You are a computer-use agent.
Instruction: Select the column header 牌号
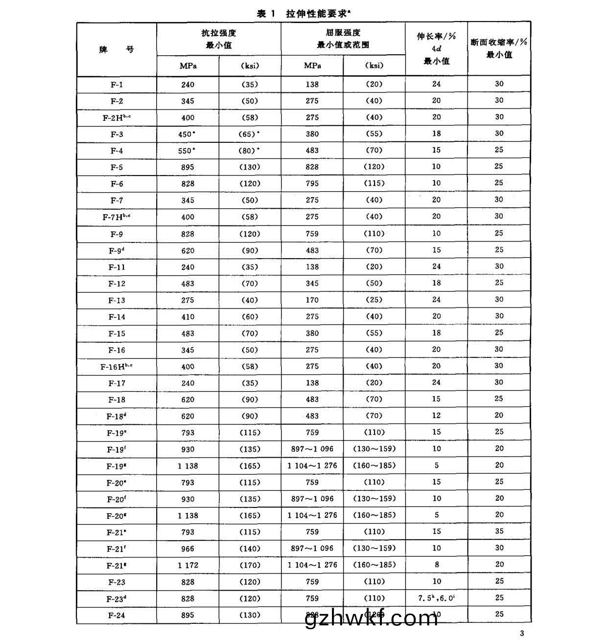117,49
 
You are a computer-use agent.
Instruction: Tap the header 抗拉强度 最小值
219,39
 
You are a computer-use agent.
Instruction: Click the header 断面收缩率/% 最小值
499,48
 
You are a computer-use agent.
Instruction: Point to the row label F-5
117,167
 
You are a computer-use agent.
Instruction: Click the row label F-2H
117,117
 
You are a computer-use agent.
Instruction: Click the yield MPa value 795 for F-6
312,183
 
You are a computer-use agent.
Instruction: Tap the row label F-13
117,300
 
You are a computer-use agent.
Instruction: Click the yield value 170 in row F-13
312,300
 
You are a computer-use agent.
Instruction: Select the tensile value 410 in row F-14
187,317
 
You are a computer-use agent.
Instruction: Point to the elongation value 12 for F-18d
436,416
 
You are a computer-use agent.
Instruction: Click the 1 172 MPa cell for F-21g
187,565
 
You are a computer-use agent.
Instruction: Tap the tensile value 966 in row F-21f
187,549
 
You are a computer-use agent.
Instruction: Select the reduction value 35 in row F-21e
499,531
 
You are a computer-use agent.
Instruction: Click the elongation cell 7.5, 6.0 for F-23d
436,598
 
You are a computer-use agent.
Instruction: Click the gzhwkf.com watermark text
371,618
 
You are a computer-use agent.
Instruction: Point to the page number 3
522,633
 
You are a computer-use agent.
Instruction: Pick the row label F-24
117,615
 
